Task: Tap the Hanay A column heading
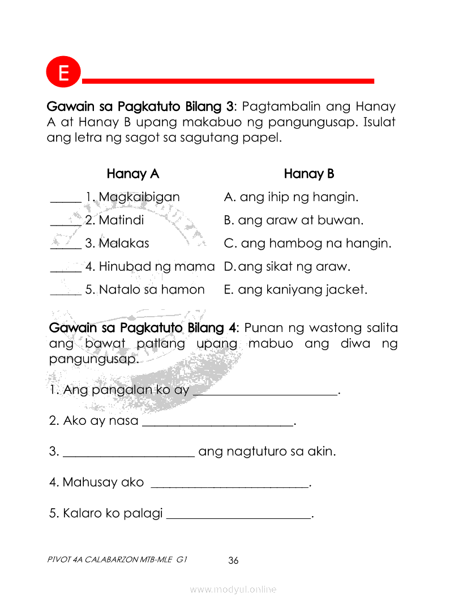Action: (133, 174)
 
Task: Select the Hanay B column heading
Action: (309, 174)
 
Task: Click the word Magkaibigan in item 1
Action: (139, 197)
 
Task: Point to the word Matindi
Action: (121, 220)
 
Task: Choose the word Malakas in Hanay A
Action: (124, 244)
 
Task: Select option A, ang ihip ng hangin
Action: (292, 197)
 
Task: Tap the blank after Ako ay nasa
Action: (217, 423)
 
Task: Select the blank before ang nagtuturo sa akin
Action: (129, 454)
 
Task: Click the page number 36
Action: (233, 561)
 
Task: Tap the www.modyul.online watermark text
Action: (233, 590)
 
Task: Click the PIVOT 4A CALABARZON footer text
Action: (118, 560)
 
